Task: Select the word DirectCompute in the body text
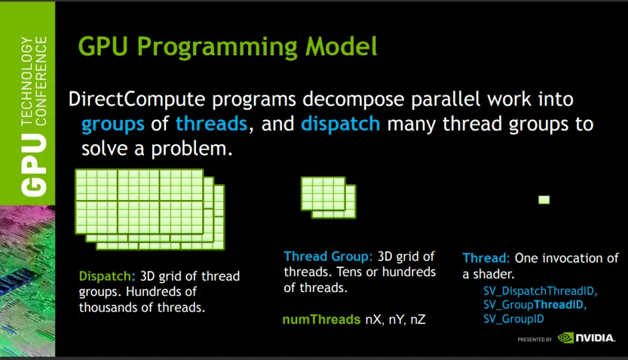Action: point(137,99)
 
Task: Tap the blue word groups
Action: point(113,125)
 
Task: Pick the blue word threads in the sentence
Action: point(211,123)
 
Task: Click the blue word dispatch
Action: point(341,124)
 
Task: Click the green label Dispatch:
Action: point(107,276)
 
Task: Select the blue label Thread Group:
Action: point(328,257)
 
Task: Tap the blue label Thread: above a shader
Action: point(486,258)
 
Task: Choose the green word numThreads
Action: point(321,319)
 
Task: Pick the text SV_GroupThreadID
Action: point(533,305)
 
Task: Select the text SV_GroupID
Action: point(513,319)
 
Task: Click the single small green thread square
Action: point(544,199)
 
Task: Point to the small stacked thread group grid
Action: point(329,197)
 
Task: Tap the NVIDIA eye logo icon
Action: point(566,338)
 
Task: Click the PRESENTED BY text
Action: point(534,339)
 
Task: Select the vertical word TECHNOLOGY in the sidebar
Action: point(27,81)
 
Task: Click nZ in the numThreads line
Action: point(418,320)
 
